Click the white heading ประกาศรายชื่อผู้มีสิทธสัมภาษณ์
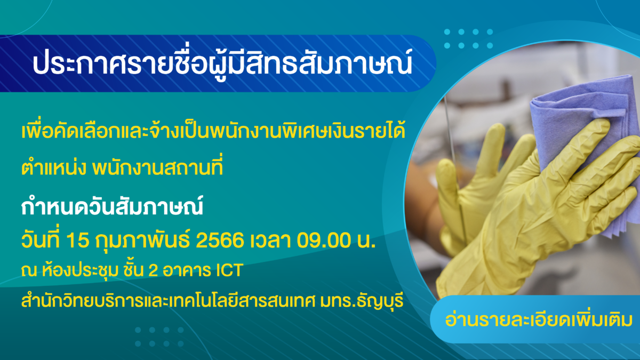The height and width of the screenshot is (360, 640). (x=222, y=63)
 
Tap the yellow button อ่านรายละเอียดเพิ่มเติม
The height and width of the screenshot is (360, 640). (x=539, y=319)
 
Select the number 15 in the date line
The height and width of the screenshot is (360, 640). (x=78, y=240)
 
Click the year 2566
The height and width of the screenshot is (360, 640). (x=220, y=240)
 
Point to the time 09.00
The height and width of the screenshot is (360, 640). (x=324, y=240)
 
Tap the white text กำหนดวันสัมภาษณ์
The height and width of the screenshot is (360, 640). (x=112, y=206)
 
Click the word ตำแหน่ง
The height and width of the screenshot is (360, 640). (x=53, y=167)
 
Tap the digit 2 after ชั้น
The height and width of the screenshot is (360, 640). (x=153, y=270)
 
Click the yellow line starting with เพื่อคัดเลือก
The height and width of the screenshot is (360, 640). (x=213, y=131)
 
